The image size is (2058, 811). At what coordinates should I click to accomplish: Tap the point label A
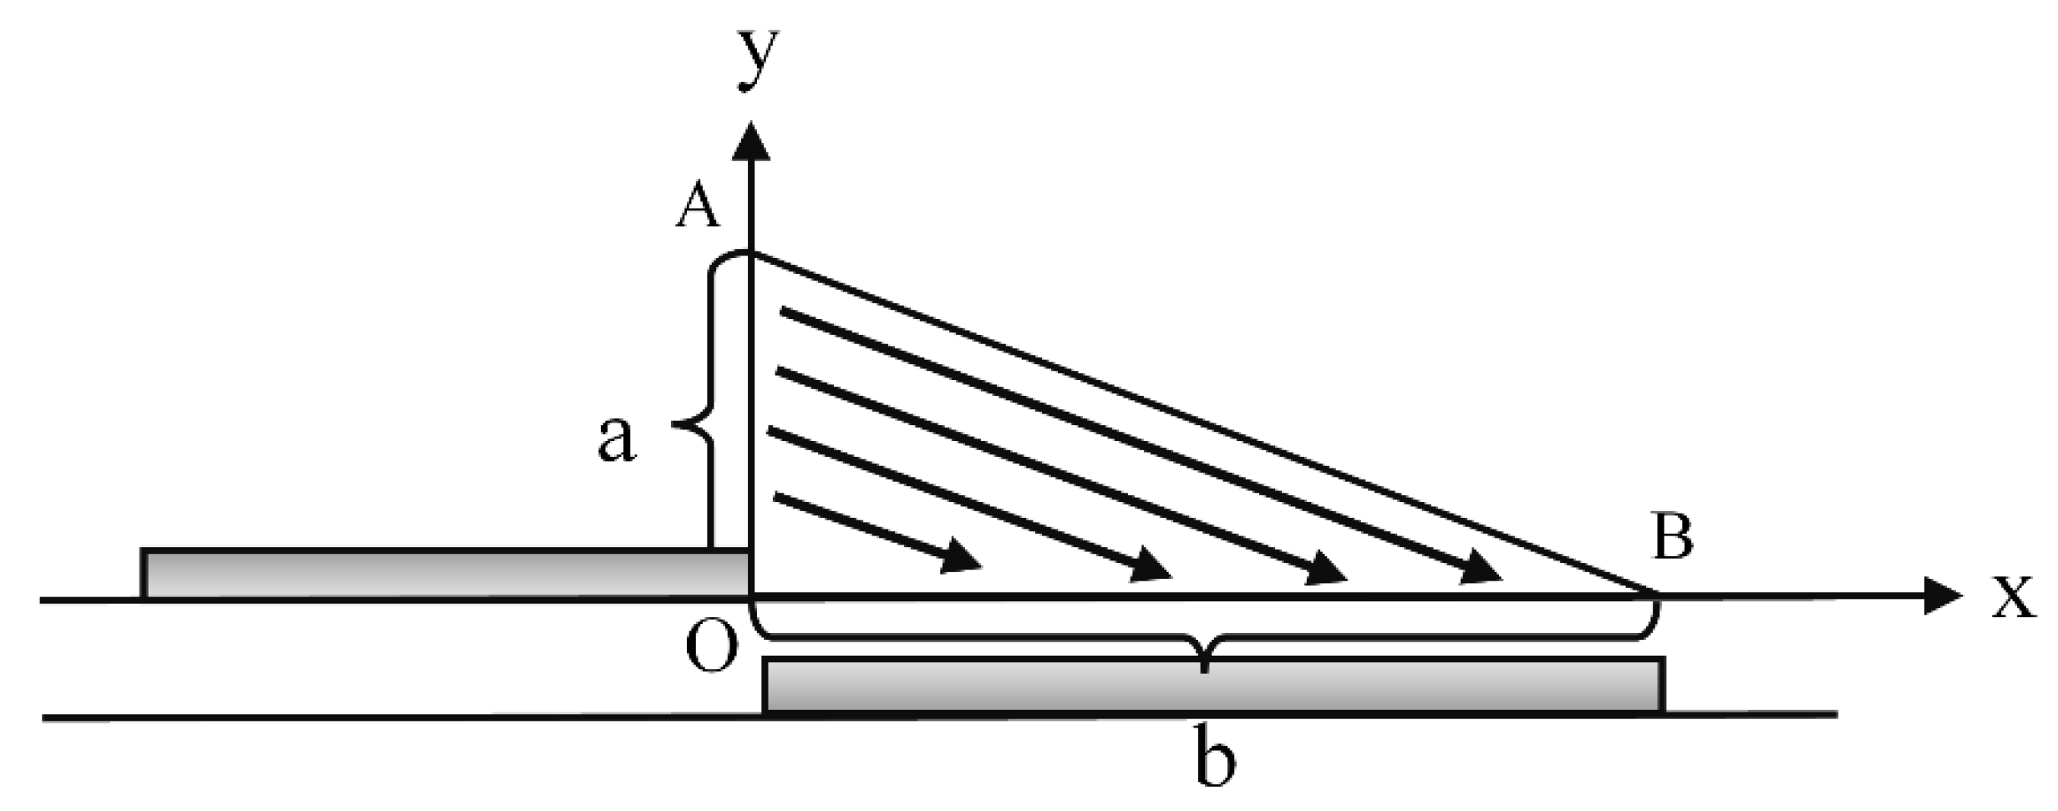click(698, 207)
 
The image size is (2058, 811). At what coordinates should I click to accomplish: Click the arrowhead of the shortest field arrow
click(961, 557)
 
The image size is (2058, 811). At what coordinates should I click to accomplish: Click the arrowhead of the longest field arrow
click(1482, 569)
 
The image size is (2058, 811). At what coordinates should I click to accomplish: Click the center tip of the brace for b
click(1203, 668)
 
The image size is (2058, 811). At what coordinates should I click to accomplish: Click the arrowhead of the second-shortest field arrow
click(1152, 569)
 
